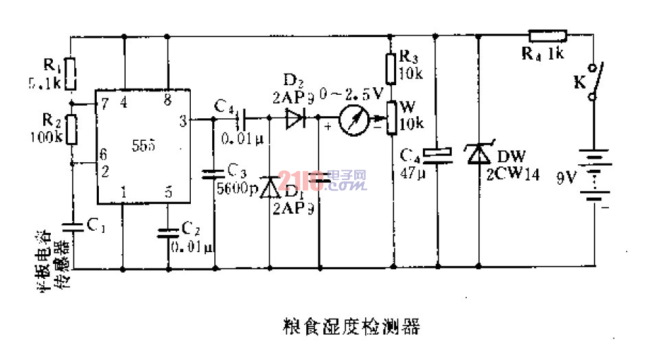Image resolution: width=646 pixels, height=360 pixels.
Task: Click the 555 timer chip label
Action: coord(145,147)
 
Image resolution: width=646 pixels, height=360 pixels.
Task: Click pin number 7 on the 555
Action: coord(104,103)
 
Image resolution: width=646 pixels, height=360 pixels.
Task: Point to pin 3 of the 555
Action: coord(183,122)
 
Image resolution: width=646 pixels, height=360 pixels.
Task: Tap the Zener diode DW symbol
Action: coord(478,155)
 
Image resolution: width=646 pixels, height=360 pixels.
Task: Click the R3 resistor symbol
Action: coord(392,68)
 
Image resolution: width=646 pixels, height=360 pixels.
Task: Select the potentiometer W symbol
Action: coord(392,117)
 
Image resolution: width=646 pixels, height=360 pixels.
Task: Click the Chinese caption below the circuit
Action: coord(351,326)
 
